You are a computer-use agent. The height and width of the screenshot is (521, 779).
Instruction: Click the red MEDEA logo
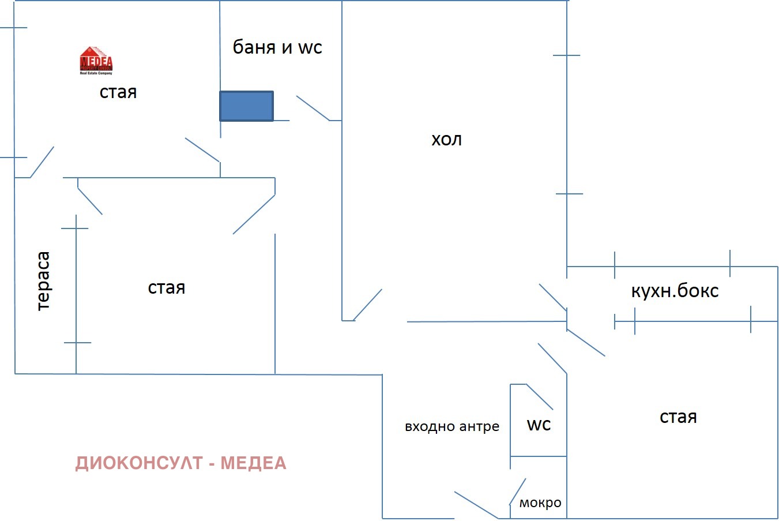click(96, 60)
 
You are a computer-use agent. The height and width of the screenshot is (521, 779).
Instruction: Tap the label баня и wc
click(277, 47)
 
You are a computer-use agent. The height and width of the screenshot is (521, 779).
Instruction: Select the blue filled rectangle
click(246, 106)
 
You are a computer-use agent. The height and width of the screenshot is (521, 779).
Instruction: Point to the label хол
click(446, 140)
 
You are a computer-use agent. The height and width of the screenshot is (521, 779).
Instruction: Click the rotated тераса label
click(43, 281)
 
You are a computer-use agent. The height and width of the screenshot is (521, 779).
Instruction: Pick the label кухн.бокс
click(675, 291)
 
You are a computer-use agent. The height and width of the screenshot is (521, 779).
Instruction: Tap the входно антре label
click(452, 427)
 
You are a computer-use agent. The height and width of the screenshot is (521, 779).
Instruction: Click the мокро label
click(540, 503)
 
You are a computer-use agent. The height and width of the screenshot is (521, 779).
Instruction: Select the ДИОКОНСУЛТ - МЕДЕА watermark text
click(180, 463)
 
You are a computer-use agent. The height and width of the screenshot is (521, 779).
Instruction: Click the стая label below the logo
click(118, 92)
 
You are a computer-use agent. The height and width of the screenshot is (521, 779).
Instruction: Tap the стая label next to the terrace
click(167, 288)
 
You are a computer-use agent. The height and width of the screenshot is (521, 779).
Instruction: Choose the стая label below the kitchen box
click(678, 417)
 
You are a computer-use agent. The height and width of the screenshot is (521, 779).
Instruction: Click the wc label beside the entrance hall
click(539, 425)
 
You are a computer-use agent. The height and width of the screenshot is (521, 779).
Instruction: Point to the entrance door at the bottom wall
click(476, 505)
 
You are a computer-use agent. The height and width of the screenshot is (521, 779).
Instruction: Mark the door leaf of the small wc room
click(540, 397)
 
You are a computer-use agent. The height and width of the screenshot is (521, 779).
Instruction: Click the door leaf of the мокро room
click(517, 491)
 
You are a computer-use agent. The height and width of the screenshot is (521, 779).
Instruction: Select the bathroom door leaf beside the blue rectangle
click(313, 108)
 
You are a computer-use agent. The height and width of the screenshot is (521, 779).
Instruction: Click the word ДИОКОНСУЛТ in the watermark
click(139, 463)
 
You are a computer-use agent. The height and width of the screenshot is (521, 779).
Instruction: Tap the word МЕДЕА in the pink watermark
click(253, 463)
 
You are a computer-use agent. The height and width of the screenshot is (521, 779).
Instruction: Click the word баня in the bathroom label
click(254, 47)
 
